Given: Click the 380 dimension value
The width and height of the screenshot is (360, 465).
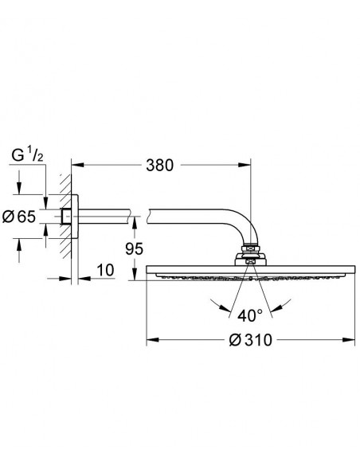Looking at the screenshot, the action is [159, 165].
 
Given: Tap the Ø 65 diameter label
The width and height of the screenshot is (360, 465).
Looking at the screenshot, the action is [18, 217].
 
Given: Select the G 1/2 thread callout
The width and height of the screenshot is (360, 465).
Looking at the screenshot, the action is [27, 156].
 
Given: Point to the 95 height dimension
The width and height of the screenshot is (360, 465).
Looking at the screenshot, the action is [134, 248].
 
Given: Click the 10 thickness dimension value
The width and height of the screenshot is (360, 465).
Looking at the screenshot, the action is [106, 270].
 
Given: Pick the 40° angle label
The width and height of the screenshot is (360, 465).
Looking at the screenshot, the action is [250, 316].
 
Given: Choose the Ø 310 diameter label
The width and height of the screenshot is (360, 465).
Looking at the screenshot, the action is [251, 340].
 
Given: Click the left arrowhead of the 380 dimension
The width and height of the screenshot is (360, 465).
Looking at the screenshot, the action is [77, 165].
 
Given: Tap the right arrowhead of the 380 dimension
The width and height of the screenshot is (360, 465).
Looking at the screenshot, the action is [245, 165].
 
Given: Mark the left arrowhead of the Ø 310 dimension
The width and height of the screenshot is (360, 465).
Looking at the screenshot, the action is [152, 340].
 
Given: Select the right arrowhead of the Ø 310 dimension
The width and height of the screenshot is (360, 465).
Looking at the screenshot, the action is [349, 340].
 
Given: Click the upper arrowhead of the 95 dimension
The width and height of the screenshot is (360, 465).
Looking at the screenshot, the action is [135, 222].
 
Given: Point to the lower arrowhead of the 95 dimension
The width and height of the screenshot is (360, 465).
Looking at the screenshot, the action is [135, 275].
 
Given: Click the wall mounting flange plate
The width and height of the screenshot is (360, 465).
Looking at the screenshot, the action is [75, 217].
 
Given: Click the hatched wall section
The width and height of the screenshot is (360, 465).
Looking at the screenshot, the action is [65, 217].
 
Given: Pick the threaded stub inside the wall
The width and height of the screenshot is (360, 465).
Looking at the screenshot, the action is [66, 217].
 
